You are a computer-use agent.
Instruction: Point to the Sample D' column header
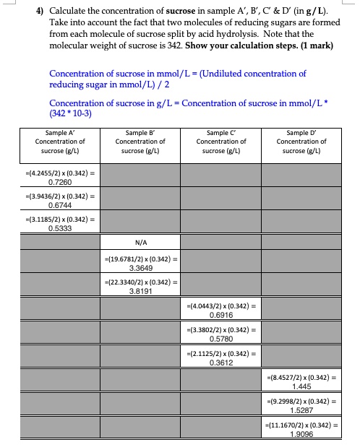303,142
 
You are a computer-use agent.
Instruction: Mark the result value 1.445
303,387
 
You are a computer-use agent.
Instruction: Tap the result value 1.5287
303,409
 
